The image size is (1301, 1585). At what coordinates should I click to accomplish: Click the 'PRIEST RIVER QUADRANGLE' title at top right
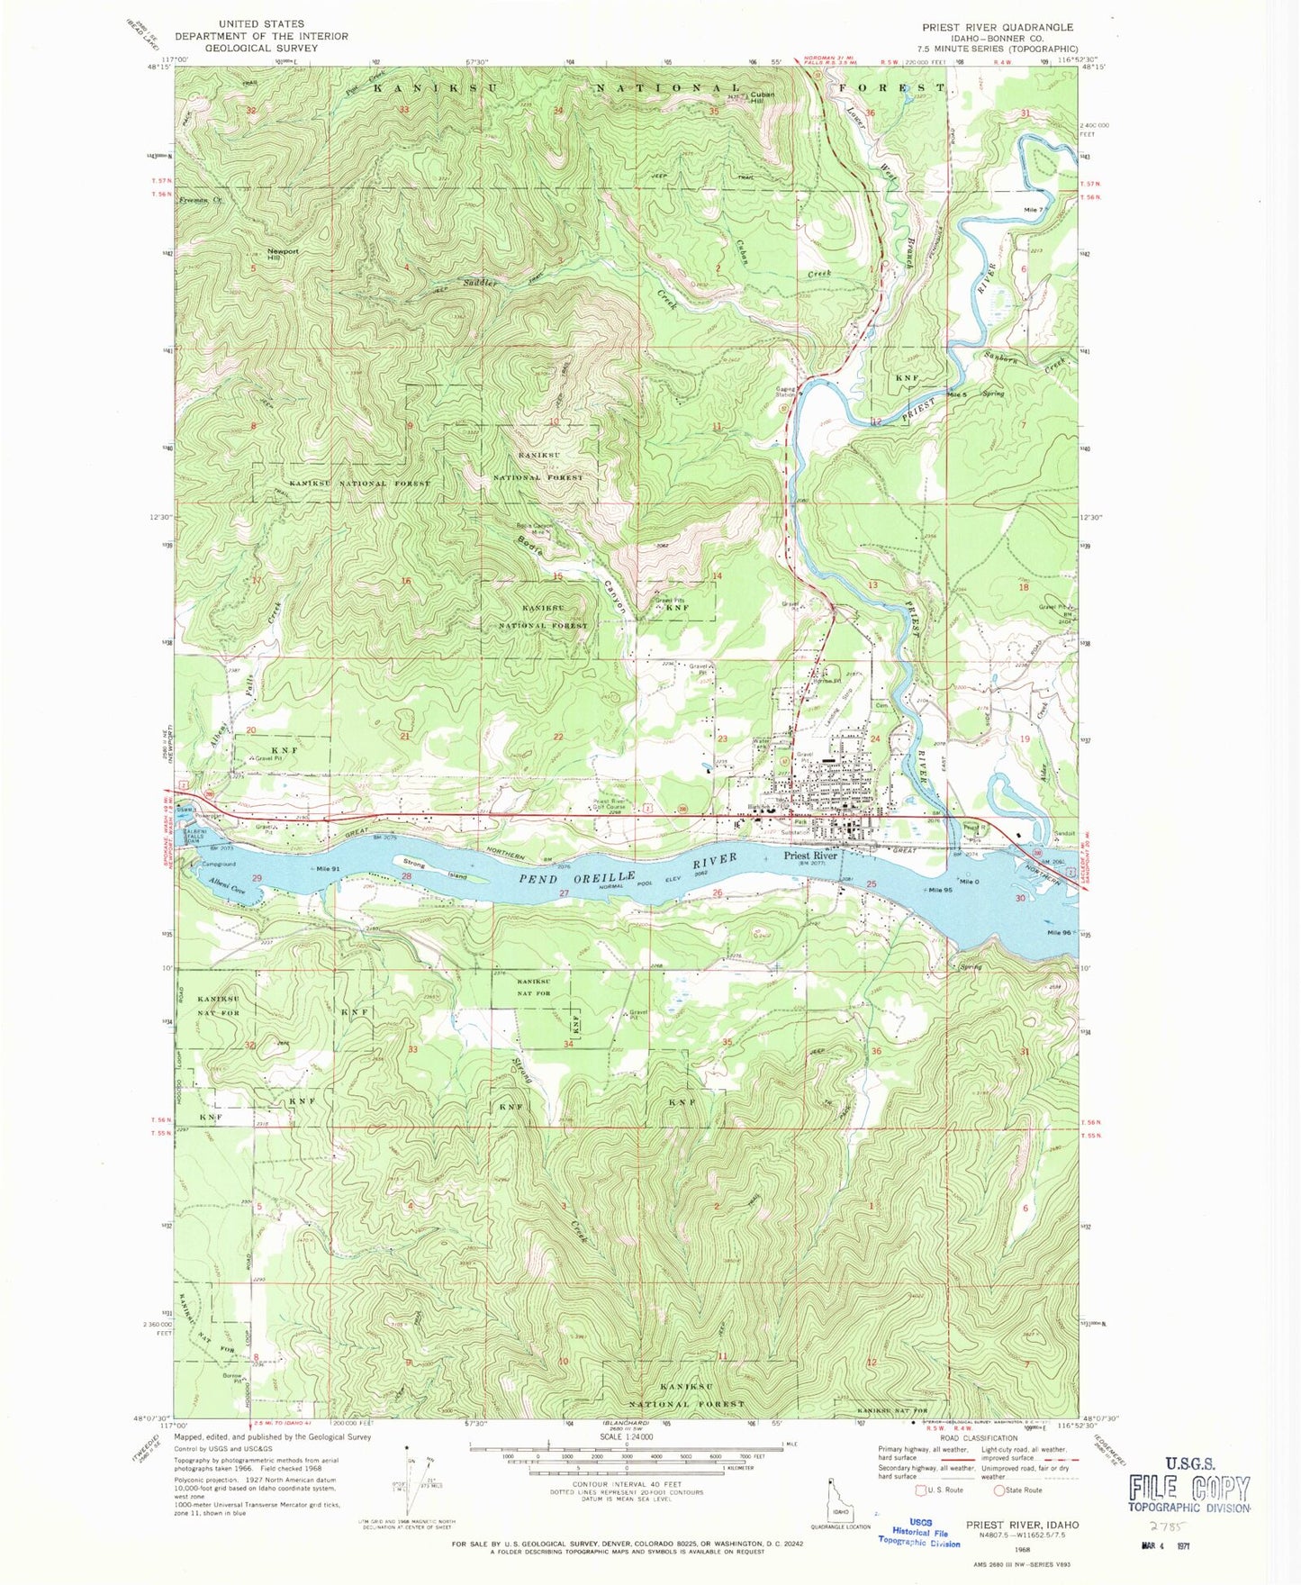pos(998,27)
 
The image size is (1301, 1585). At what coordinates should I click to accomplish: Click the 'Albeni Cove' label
pos(226,887)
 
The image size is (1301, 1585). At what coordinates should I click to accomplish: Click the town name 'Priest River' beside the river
pos(809,856)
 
